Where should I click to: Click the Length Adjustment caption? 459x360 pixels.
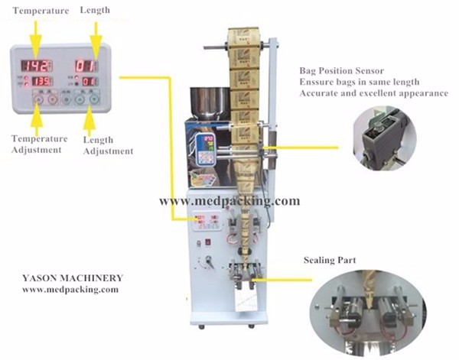[107, 145]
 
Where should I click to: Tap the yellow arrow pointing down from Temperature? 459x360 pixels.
[34, 34]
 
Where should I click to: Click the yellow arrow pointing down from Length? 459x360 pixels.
[95, 34]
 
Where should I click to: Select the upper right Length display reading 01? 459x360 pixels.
[86, 66]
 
